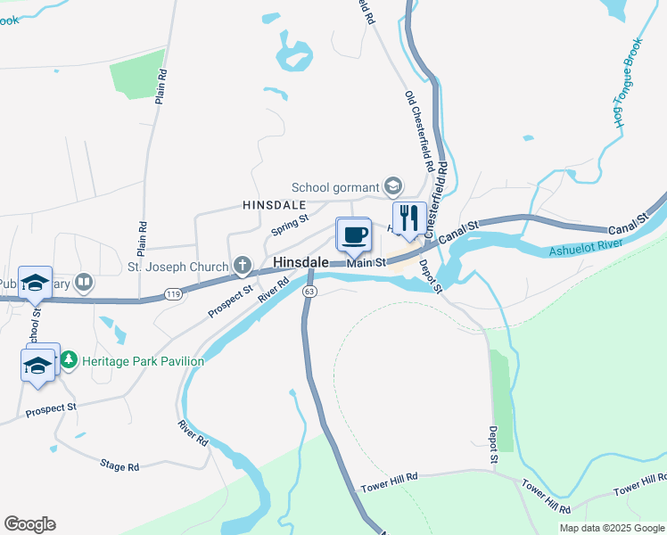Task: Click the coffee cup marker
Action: [x=354, y=235]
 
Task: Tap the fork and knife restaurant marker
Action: [x=408, y=218]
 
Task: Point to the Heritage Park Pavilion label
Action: [x=143, y=361]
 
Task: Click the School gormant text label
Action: [x=335, y=187]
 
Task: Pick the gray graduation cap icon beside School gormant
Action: [x=391, y=187]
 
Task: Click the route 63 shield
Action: [x=309, y=292]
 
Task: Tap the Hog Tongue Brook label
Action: [x=629, y=83]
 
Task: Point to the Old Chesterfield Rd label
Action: [x=419, y=131]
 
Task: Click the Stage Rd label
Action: [x=119, y=466]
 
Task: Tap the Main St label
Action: [x=366, y=262]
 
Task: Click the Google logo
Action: [x=30, y=524]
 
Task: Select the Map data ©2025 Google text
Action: [x=611, y=528]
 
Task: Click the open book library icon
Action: [x=84, y=284]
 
